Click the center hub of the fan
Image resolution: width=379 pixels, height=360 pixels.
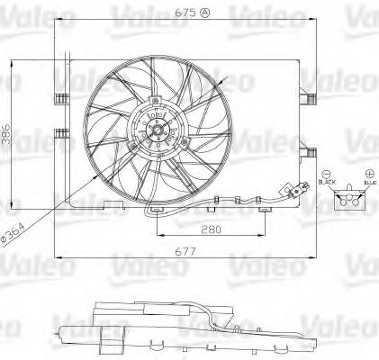tap(158, 134)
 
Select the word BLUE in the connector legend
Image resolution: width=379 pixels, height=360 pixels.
tap(368, 183)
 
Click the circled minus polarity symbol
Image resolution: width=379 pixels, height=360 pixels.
tap(326, 174)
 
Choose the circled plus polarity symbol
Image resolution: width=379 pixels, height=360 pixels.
tap(368, 173)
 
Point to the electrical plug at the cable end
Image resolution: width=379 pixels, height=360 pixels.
tap(294, 190)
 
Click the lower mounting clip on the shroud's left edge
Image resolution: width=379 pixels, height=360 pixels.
tap(61, 136)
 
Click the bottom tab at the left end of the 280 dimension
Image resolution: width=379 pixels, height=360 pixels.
tap(158, 211)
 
